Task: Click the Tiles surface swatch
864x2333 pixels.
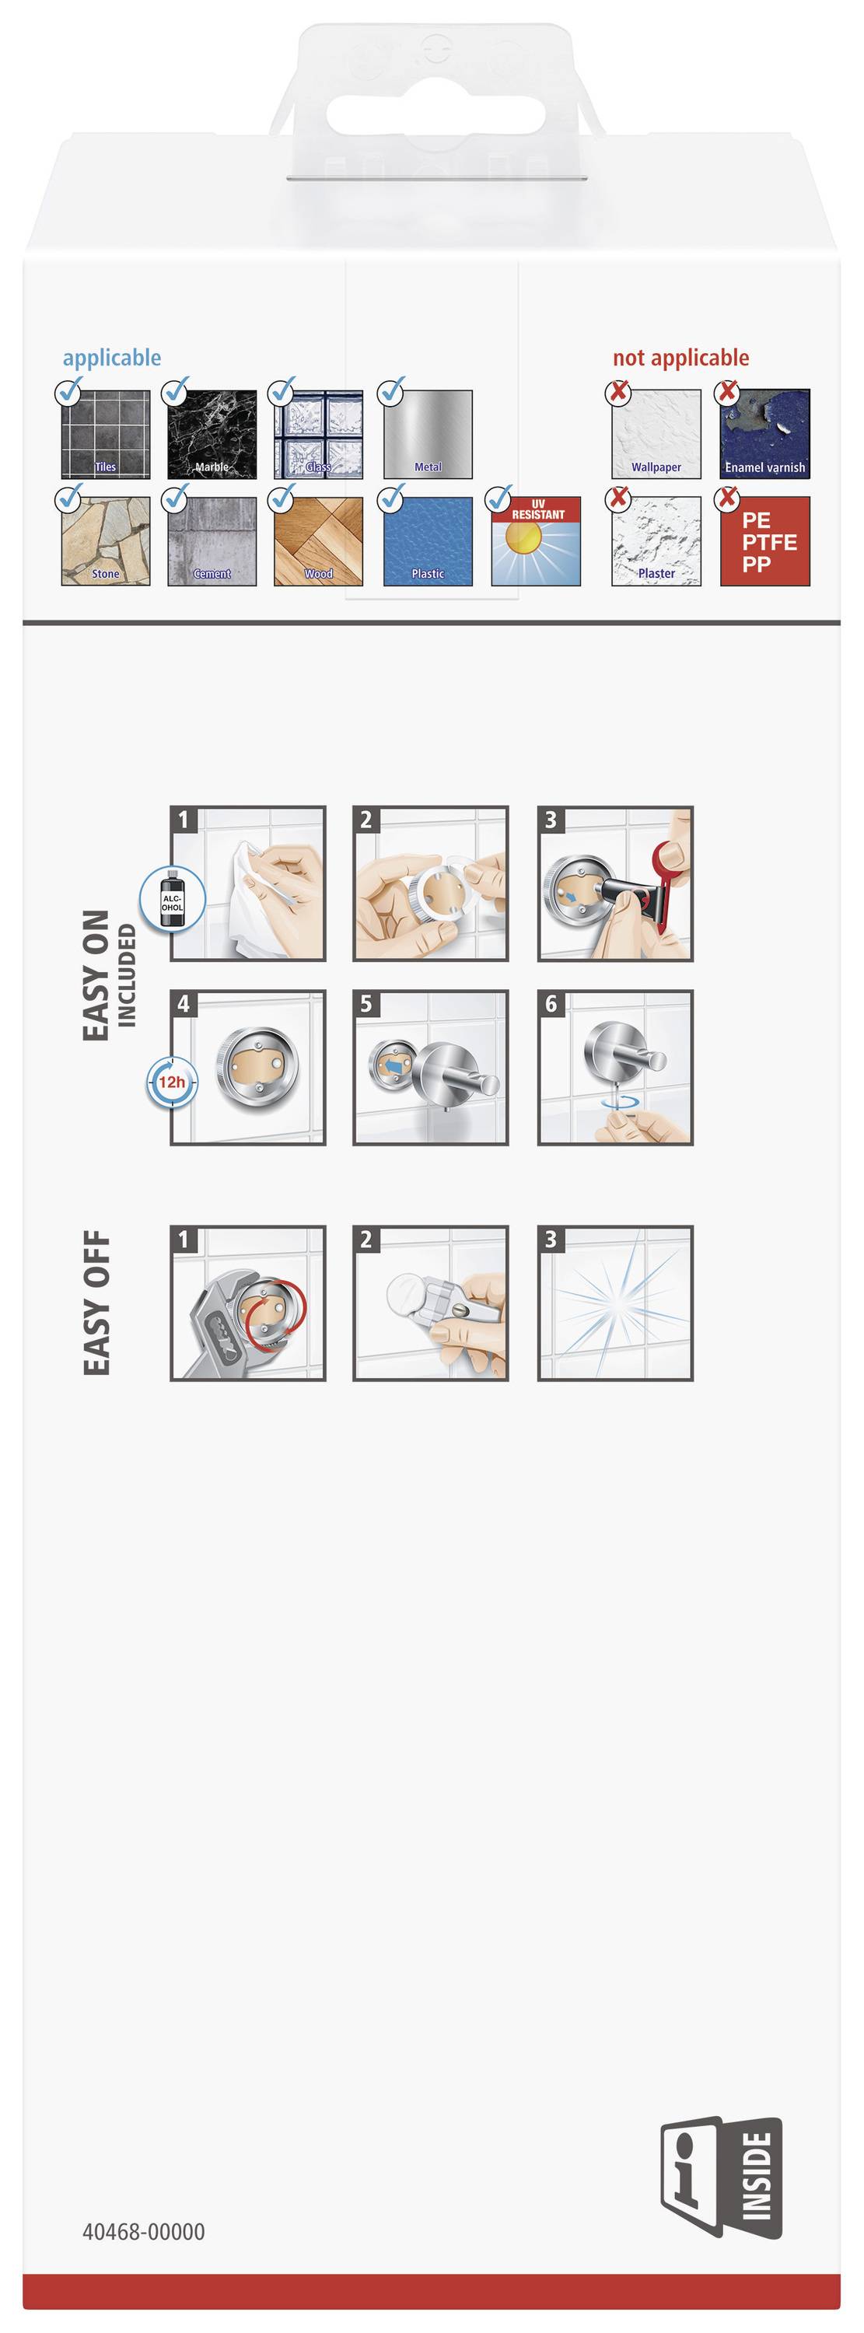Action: point(105,434)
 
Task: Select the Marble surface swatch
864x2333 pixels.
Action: point(212,434)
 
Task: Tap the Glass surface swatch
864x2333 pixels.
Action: point(319,434)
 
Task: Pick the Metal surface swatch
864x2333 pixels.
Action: point(428,434)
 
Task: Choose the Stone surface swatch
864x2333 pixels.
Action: point(105,540)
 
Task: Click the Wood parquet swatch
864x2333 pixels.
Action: point(319,540)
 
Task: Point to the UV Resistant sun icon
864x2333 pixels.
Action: point(535,540)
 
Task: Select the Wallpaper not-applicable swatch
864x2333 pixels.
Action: point(656,434)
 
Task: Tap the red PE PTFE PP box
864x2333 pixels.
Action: point(764,540)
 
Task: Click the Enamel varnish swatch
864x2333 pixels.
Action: point(764,434)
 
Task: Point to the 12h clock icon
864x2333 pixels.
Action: point(172,1083)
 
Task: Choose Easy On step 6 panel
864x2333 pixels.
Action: point(615,1067)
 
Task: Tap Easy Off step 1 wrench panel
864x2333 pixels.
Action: point(248,1303)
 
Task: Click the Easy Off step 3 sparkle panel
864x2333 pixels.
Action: point(615,1303)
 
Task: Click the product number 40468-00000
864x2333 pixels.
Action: point(143,2232)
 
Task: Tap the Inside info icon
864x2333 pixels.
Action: point(721,2177)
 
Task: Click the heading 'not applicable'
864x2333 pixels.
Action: point(681,358)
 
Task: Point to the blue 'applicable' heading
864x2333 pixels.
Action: point(111,358)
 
